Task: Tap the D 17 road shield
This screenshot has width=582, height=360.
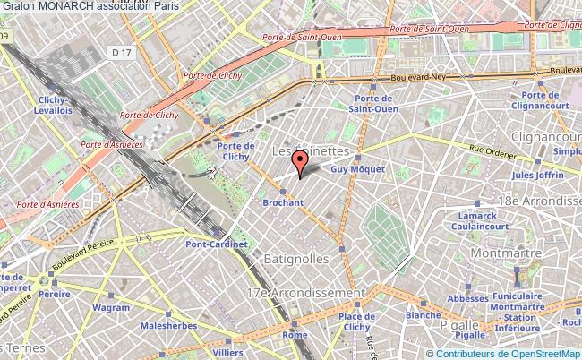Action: tap(122, 55)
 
